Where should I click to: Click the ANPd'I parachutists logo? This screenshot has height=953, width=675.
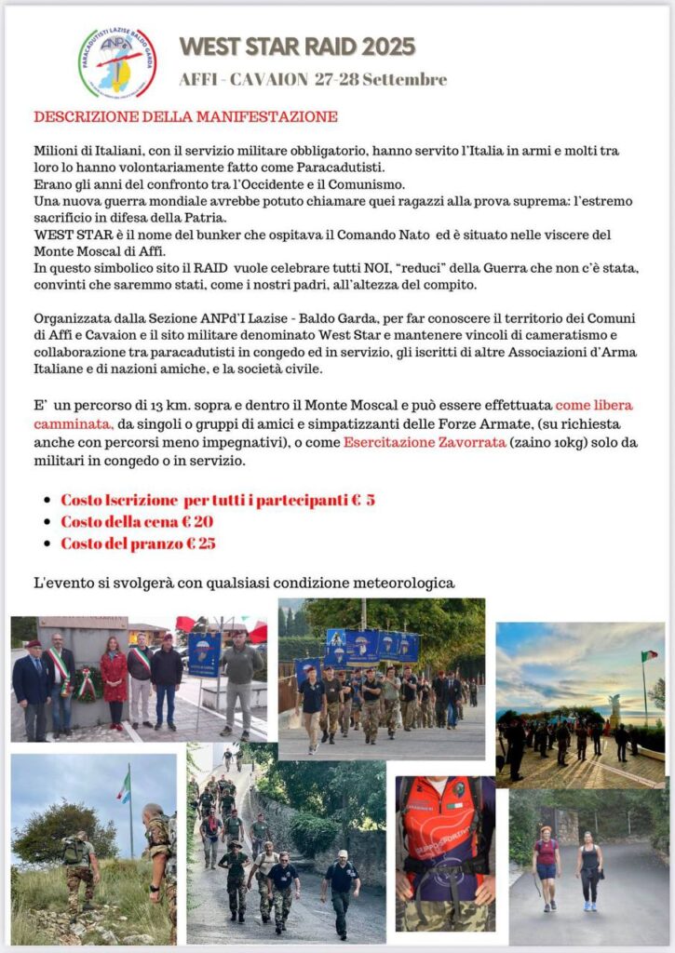click(x=116, y=61)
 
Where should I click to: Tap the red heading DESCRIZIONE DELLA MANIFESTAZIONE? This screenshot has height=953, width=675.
click(x=185, y=117)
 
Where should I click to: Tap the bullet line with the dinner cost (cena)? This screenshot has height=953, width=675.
click(x=137, y=521)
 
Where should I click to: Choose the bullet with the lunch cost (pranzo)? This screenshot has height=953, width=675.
click(x=138, y=544)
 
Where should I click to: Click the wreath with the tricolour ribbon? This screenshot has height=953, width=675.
click(x=87, y=683)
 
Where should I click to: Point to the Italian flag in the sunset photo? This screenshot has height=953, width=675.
click(x=649, y=657)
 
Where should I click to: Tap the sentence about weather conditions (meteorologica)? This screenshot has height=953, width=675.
click(x=244, y=584)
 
